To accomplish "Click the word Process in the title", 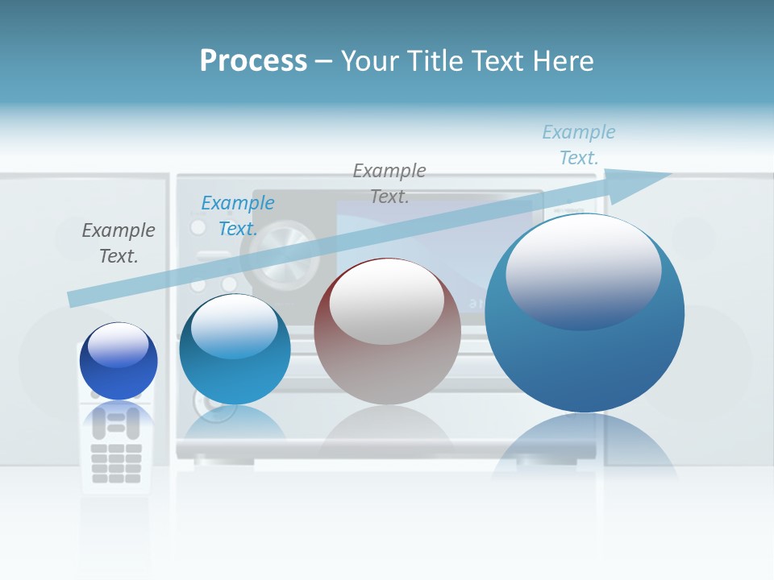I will coord(253,61).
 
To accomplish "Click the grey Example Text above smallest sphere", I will coord(119,242).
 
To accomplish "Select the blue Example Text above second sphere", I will coord(237,215).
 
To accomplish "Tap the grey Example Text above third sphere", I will coord(389,183).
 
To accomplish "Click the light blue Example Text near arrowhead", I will coord(578,144).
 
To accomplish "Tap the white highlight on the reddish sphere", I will coord(386,300).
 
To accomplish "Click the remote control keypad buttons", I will coord(116,462).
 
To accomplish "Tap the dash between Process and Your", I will coord(323,61).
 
